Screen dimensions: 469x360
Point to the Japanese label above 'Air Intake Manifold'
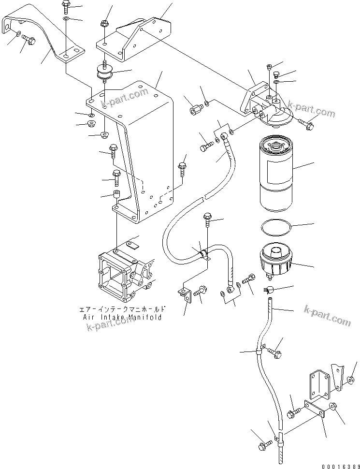(x=124, y=308)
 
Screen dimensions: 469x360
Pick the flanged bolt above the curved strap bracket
(x=66, y=7)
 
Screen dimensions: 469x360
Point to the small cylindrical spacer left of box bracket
(x=115, y=195)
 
